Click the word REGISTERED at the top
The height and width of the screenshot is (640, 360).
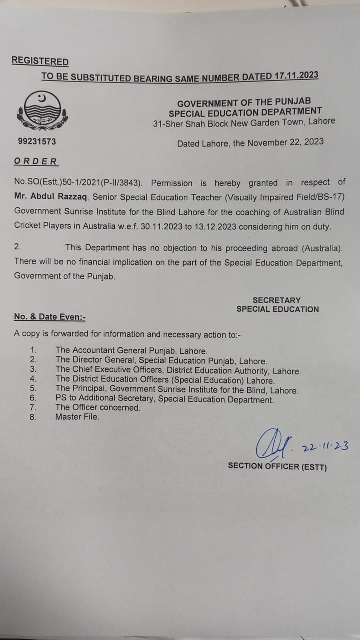click(40, 61)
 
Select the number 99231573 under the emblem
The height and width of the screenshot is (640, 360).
click(37, 141)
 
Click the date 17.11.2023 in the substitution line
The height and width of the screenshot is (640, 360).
click(296, 76)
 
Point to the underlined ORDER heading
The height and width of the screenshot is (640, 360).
click(36, 161)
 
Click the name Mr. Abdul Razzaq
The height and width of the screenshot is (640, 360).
click(49, 197)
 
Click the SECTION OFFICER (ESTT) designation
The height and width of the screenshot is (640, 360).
click(277, 465)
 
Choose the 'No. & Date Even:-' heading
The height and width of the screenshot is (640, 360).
click(49, 317)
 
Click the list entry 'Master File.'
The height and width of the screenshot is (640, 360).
click(77, 416)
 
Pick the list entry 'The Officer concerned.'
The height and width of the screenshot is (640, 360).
click(98, 407)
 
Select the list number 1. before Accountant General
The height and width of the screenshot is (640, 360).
click(33, 350)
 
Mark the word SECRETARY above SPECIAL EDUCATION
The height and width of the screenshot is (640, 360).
click(277, 300)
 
